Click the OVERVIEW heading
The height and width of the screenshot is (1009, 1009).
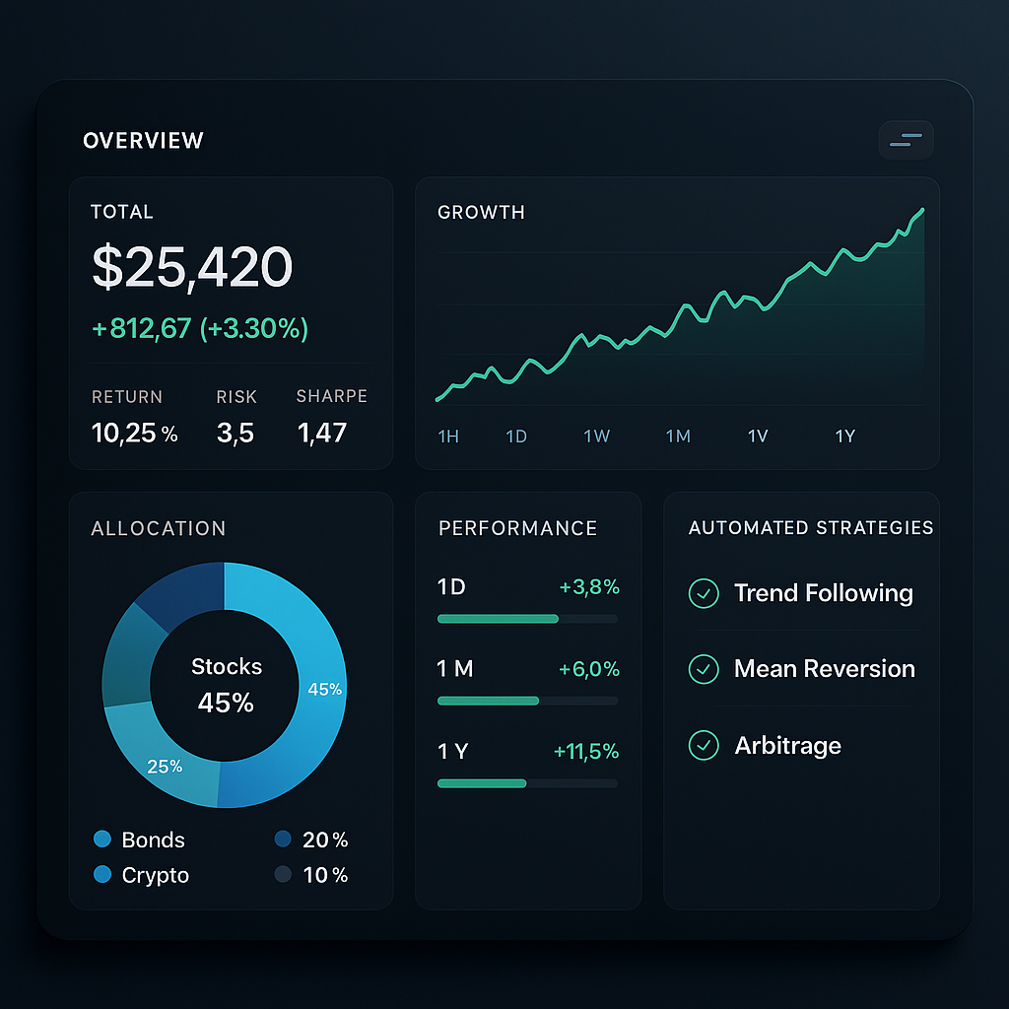point(143,141)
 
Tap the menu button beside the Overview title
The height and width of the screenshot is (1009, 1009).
point(906,141)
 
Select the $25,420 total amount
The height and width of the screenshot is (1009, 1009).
point(192,267)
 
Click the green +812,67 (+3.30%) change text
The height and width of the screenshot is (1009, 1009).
point(200,328)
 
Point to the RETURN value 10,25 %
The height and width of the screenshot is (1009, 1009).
point(134,433)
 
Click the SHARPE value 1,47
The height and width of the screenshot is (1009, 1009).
point(322,433)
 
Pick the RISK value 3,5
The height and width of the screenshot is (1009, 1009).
point(235,433)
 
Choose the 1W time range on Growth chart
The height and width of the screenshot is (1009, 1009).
point(596,437)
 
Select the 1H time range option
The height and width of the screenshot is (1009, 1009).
point(448,437)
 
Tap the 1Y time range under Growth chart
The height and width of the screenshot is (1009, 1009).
point(844,437)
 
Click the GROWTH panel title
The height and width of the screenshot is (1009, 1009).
point(481,212)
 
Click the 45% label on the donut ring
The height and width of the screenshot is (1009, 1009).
point(324,690)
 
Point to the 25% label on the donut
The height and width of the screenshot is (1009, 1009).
point(165,766)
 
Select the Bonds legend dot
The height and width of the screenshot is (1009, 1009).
point(101,840)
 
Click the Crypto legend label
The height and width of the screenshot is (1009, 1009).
point(155,875)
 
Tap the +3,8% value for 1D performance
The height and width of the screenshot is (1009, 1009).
point(589,588)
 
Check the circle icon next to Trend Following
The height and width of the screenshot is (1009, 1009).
point(704,593)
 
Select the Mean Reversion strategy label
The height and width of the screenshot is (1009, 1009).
point(824,669)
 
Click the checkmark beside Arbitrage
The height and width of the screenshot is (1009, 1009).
point(704,745)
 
